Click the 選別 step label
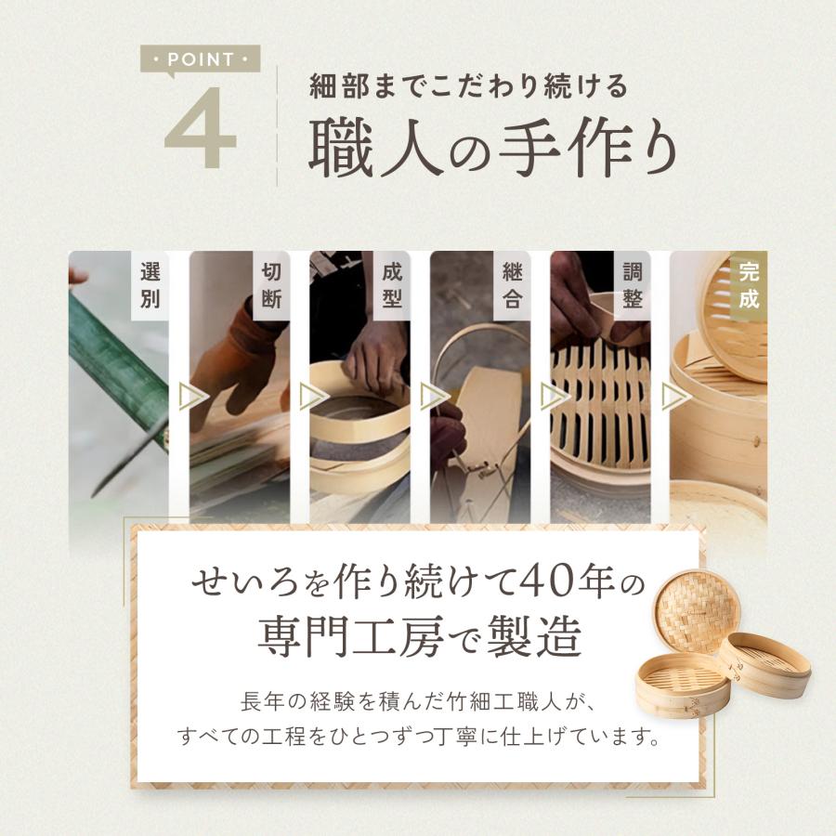point(150,285)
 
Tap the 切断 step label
point(270,285)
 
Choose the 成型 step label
point(391,285)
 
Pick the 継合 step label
point(511,285)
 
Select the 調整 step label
point(632,285)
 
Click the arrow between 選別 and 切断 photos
point(194,397)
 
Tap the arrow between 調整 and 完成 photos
point(675,397)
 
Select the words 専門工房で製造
point(418,638)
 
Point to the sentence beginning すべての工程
point(417,739)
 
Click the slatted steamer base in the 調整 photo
point(594,409)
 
